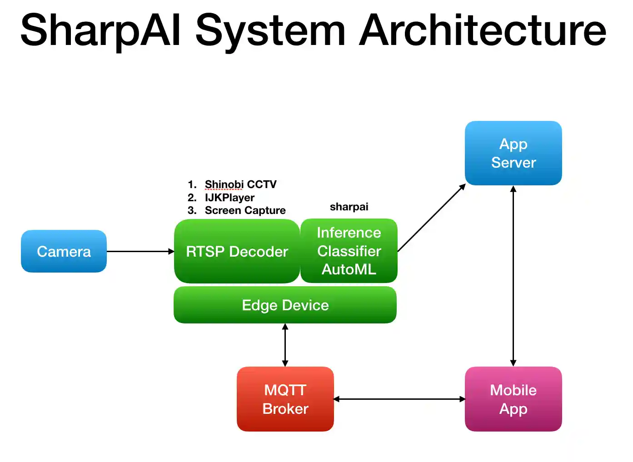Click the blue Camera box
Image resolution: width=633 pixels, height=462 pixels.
coord(64,251)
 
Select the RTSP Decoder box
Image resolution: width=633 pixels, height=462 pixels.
coord(237,251)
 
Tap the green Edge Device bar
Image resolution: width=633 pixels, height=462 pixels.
coord(285,305)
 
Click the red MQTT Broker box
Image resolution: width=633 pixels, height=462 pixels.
coord(285,399)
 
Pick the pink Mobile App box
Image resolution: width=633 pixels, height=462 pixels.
coord(513,399)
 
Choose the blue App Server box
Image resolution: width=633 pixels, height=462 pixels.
coord(513,153)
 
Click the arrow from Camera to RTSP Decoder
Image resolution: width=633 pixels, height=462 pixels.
coord(140,251)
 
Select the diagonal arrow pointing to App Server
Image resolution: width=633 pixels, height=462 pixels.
coord(431,218)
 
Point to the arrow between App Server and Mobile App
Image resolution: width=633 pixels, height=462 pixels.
coord(513,276)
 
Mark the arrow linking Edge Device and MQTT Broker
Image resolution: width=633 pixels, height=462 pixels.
coord(285,345)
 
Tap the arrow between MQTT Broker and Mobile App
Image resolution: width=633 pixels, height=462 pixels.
coord(399,399)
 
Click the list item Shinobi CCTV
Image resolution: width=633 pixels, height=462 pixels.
coord(240,184)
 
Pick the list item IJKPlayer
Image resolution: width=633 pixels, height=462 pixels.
coord(229,198)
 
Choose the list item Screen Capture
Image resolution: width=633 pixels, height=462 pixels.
coord(245,210)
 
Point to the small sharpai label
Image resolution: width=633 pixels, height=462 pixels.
coord(349,207)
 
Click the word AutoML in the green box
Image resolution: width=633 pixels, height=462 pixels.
coord(349,269)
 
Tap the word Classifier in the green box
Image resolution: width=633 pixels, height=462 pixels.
coord(349,251)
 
